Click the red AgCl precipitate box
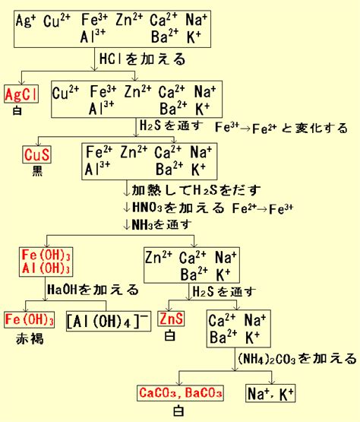pyautogui.click(x=21, y=94)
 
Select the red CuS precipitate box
pyautogui.click(x=36, y=154)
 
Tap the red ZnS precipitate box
pyautogui.click(x=171, y=319)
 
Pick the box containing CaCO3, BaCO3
pyautogui.click(x=180, y=393)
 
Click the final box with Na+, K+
pyautogui.click(x=270, y=393)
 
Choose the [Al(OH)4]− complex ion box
pyautogui.click(x=109, y=321)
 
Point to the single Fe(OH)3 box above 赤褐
pyautogui.click(x=30, y=319)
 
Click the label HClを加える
pyautogui.click(x=142, y=59)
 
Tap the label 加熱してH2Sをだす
pyautogui.click(x=196, y=190)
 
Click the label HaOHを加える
pyautogui.click(x=93, y=290)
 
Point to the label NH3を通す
pyautogui.click(x=162, y=224)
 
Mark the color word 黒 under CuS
pyautogui.click(x=37, y=170)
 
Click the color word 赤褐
pyautogui.click(x=30, y=338)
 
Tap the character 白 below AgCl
pyautogui.click(x=17, y=110)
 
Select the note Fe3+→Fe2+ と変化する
pyautogui.click(x=281, y=128)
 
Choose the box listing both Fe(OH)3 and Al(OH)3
pyautogui.click(x=46, y=262)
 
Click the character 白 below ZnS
pyautogui.click(x=170, y=335)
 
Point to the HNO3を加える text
pyautogui.click(x=178, y=208)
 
